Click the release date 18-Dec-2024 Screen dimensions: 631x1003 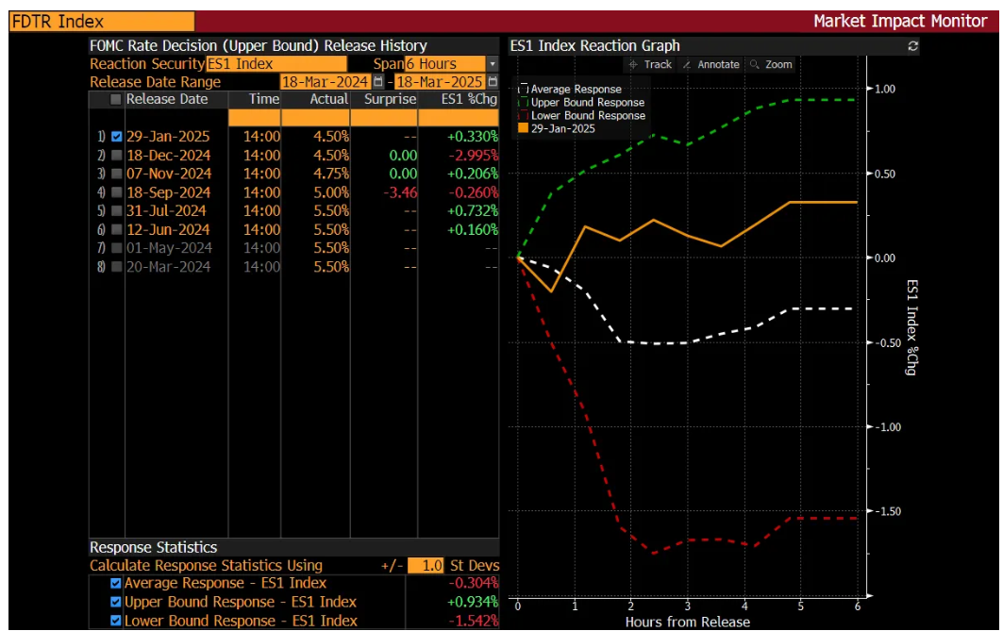(x=168, y=156)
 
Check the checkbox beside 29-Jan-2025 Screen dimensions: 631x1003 (x=116, y=137)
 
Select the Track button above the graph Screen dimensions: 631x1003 (x=650, y=64)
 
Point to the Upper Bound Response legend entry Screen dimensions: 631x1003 (x=587, y=103)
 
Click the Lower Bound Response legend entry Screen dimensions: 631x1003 (x=587, y=116)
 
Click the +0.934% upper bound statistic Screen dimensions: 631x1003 (x=472, y=602)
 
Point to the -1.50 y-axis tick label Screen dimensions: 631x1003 (x=887, y=512)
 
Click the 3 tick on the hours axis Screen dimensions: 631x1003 (x=688, y=606)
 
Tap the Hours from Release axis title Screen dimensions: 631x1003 (x=687, y=623)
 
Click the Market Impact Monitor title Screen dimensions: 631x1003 (x=899, y=21)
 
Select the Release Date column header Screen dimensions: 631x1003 (x=167, y=99)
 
